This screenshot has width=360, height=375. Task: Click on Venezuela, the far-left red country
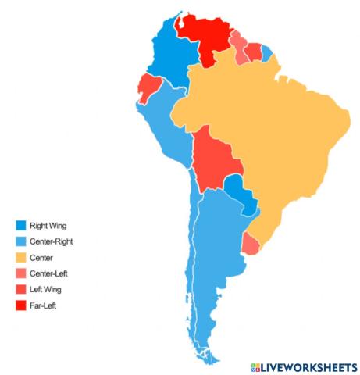click(205, 35)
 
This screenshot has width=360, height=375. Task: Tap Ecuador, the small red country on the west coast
click(148, 86)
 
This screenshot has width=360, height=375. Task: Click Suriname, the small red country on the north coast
click(253, 52)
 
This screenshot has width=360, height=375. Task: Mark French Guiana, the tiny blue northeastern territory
click(267, 53)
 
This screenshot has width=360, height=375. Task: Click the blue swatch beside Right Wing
click(20, 226)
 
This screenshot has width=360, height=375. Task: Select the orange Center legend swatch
click(20, 257)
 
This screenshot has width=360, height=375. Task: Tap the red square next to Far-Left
click(20, 305)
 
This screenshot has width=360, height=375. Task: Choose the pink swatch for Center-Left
click(20, 273)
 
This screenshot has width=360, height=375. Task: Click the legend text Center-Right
click(52, 241)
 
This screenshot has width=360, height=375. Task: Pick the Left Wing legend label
click(46, 290)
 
